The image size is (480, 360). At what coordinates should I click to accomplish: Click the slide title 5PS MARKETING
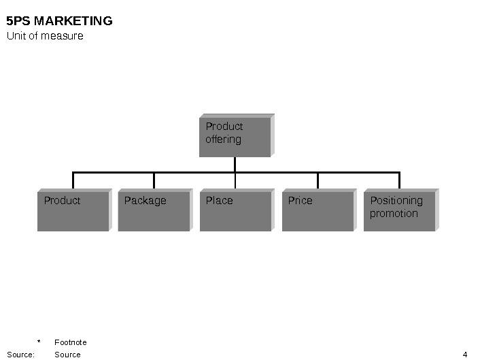(x=59, y=21)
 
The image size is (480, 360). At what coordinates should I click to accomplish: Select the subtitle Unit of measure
(x=45, y=36)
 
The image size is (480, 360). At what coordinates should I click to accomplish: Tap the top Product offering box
(x=235, y=136)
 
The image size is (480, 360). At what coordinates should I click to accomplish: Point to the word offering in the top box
(x=223, y=140)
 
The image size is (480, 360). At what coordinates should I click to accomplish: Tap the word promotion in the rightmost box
(x=394, y=214)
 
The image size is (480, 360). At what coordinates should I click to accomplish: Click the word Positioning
(x=396, y=201)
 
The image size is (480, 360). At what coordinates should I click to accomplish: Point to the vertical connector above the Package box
(x=154, y=180)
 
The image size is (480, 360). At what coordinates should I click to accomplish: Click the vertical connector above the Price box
(x=318, y=180)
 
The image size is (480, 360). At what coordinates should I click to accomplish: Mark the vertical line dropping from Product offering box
(x=235, y=164)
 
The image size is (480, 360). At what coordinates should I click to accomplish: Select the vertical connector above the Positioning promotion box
(x=399, y=180)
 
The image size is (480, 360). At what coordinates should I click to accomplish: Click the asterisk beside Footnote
(x=39, y=342)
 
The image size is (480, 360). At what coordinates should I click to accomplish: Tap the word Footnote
(x=71, y=342)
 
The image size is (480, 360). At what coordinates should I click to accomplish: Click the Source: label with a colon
(x=20, y=355)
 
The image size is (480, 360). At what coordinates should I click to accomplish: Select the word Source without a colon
(x=67, y=355)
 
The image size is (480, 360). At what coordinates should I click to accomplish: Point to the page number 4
(x=464, y=355)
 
